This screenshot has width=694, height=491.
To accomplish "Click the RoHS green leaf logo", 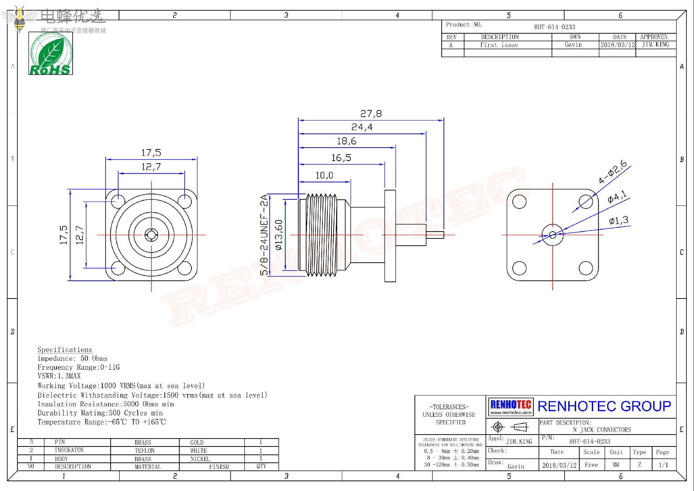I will [51, 53].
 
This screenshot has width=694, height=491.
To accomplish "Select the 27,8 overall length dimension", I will [371, 114].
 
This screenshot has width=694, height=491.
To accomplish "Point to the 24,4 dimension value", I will [362, 127].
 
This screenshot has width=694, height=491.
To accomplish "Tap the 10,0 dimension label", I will [324, 175].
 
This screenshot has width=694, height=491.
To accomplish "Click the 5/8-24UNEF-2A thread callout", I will [265, 235].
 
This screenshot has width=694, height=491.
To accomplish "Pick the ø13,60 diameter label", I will [279, 235].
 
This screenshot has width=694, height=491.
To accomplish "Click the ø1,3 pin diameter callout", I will [618, 220].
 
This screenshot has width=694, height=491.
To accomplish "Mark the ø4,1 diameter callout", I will [617, 197].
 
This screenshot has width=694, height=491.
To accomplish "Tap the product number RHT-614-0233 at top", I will [554, 27].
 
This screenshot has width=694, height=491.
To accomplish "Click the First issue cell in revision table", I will [499, 45].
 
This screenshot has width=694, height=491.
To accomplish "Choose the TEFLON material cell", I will [145, 450].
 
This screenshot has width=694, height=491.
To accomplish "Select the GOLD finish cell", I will [197, 443].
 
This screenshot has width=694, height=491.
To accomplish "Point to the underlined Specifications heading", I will [65, 350].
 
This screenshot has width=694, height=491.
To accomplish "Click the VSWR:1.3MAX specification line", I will [59, 376].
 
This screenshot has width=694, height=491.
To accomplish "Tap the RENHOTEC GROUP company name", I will [604, 406].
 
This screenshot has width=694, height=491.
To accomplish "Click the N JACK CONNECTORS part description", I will [602, 430].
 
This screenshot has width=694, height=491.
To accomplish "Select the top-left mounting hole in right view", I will [519, 202].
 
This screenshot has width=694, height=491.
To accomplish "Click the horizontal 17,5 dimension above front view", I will [151, 153].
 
